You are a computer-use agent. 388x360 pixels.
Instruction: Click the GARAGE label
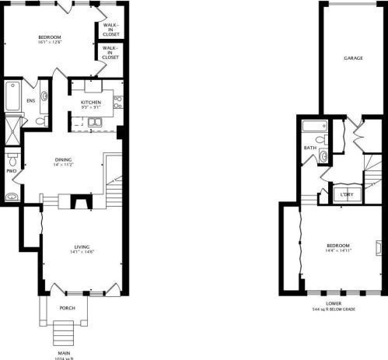[x=354, y=58]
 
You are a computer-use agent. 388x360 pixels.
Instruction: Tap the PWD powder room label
[x=11, y=170]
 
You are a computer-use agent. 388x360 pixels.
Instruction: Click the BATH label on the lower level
[x=309, y=148]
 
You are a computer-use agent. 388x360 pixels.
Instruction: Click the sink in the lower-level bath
[x=323, y=155]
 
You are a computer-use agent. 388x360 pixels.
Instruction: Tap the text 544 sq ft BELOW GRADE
[x=334, y=309]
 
